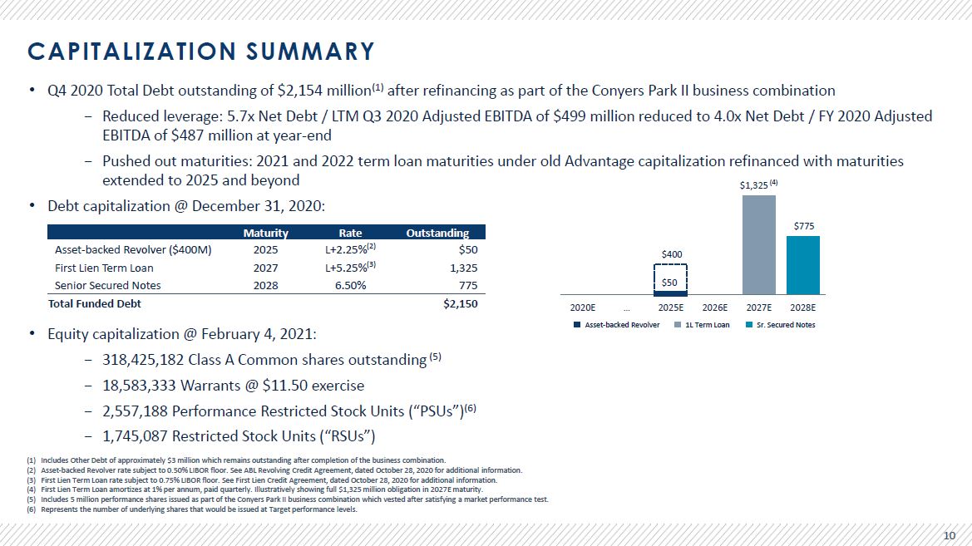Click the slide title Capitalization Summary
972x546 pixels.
pyautogui.click(x=201, y=52)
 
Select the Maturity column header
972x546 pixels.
pyautogui.click(x=265, y=233)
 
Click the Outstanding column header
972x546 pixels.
pyautogui.click(x=437, y=233)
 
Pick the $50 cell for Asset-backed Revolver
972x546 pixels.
pyautogui.click(x=468, y=250)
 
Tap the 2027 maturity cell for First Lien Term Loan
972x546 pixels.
pyautogui.click(x=265, y=268)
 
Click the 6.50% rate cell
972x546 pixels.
pyautogui.click(x=350, y=286)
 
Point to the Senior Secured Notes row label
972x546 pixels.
pyautogui.click(x=108, y=286)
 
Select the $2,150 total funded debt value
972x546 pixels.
pyautogui.click(x=461, y=303)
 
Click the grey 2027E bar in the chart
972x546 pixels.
pyautogui.click(x=759, y=245)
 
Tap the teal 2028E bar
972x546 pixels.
pyautogui.click(x=802, y=265)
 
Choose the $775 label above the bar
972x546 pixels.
pyautogui.click(x=804, y=226)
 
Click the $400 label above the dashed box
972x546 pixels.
pyautogui.click(x=671, y=254)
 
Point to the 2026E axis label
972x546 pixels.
pyautogui.click(x=715, y=307)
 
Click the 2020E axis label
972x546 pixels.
pyautogui.click(x=583, y=307)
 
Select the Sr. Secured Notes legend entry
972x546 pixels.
pyautogui.click(x=781, y=325)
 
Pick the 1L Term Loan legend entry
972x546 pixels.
pyautogui.click(x=702, y=325)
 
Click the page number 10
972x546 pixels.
pyautogui.click(x=949, y=535)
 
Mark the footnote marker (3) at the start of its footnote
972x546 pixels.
pyautogui.click(x=32, y=480)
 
